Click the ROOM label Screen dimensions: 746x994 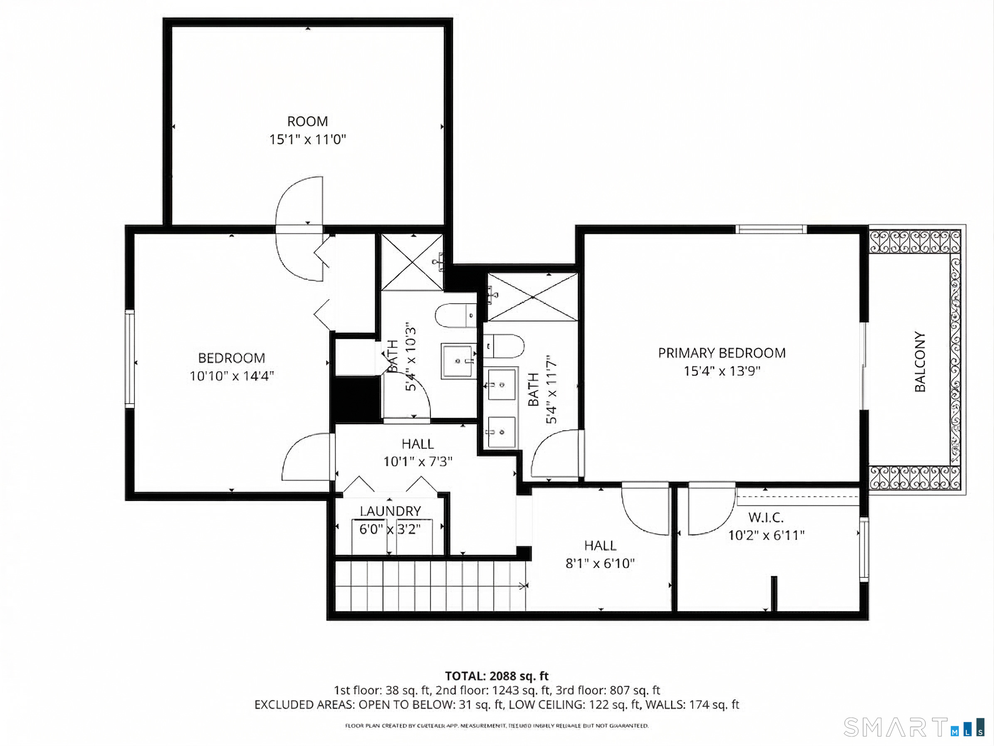click(x=307, y=122)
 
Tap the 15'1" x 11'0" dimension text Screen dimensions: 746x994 click(x=307, y=139)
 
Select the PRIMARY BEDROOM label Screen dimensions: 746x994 click(x=722, y=353)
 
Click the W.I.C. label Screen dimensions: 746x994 click(x=766, y=517)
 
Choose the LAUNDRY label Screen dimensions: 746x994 click(x=390, y=511)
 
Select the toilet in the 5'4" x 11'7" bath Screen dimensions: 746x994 click(x=504, y=346)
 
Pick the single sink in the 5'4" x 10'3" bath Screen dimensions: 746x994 click(x=458, y=361)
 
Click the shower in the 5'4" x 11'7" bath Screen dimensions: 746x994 click(x=532, y=297)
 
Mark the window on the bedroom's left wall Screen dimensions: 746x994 click(x=129, y=359)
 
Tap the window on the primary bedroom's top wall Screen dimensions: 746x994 click(x=771, y=229)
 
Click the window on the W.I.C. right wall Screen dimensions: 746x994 click(x=864, y=549)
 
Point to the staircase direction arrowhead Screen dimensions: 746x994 click(x=524, y=585)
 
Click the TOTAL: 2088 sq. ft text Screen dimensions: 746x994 click(x=497, y=676)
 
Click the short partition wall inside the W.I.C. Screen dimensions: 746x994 click(x=774, y=593)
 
